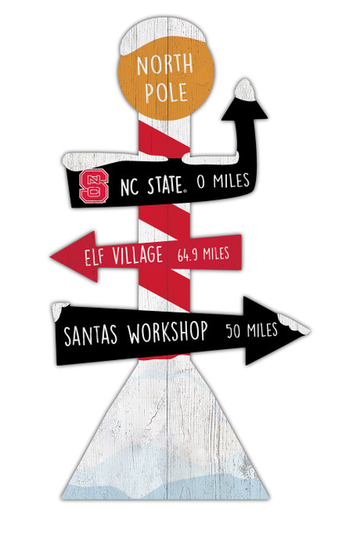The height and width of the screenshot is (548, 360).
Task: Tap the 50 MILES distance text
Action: tap(252, 330)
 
